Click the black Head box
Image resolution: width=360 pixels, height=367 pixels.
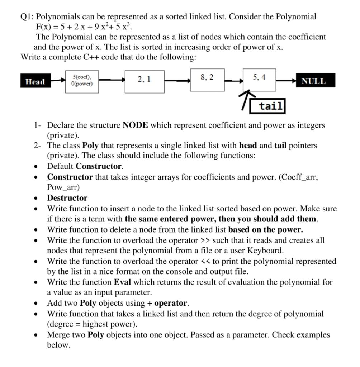tap(35, 81)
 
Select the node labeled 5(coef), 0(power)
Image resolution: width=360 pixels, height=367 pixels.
tap(82, 81)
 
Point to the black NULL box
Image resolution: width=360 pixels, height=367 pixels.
tap(313, 81)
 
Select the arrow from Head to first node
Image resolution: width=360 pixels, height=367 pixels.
tap(57, 81)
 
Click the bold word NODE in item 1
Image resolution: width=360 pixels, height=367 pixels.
tap(135, 125)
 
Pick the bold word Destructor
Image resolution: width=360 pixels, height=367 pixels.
tap(67, 198)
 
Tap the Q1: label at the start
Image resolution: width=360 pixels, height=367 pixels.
tap(28, 16)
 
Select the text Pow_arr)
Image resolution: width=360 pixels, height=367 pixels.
tap(63, 187)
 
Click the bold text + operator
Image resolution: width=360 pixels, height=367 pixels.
tap(167, 303)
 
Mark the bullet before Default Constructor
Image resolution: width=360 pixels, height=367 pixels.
tap(35, 167)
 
